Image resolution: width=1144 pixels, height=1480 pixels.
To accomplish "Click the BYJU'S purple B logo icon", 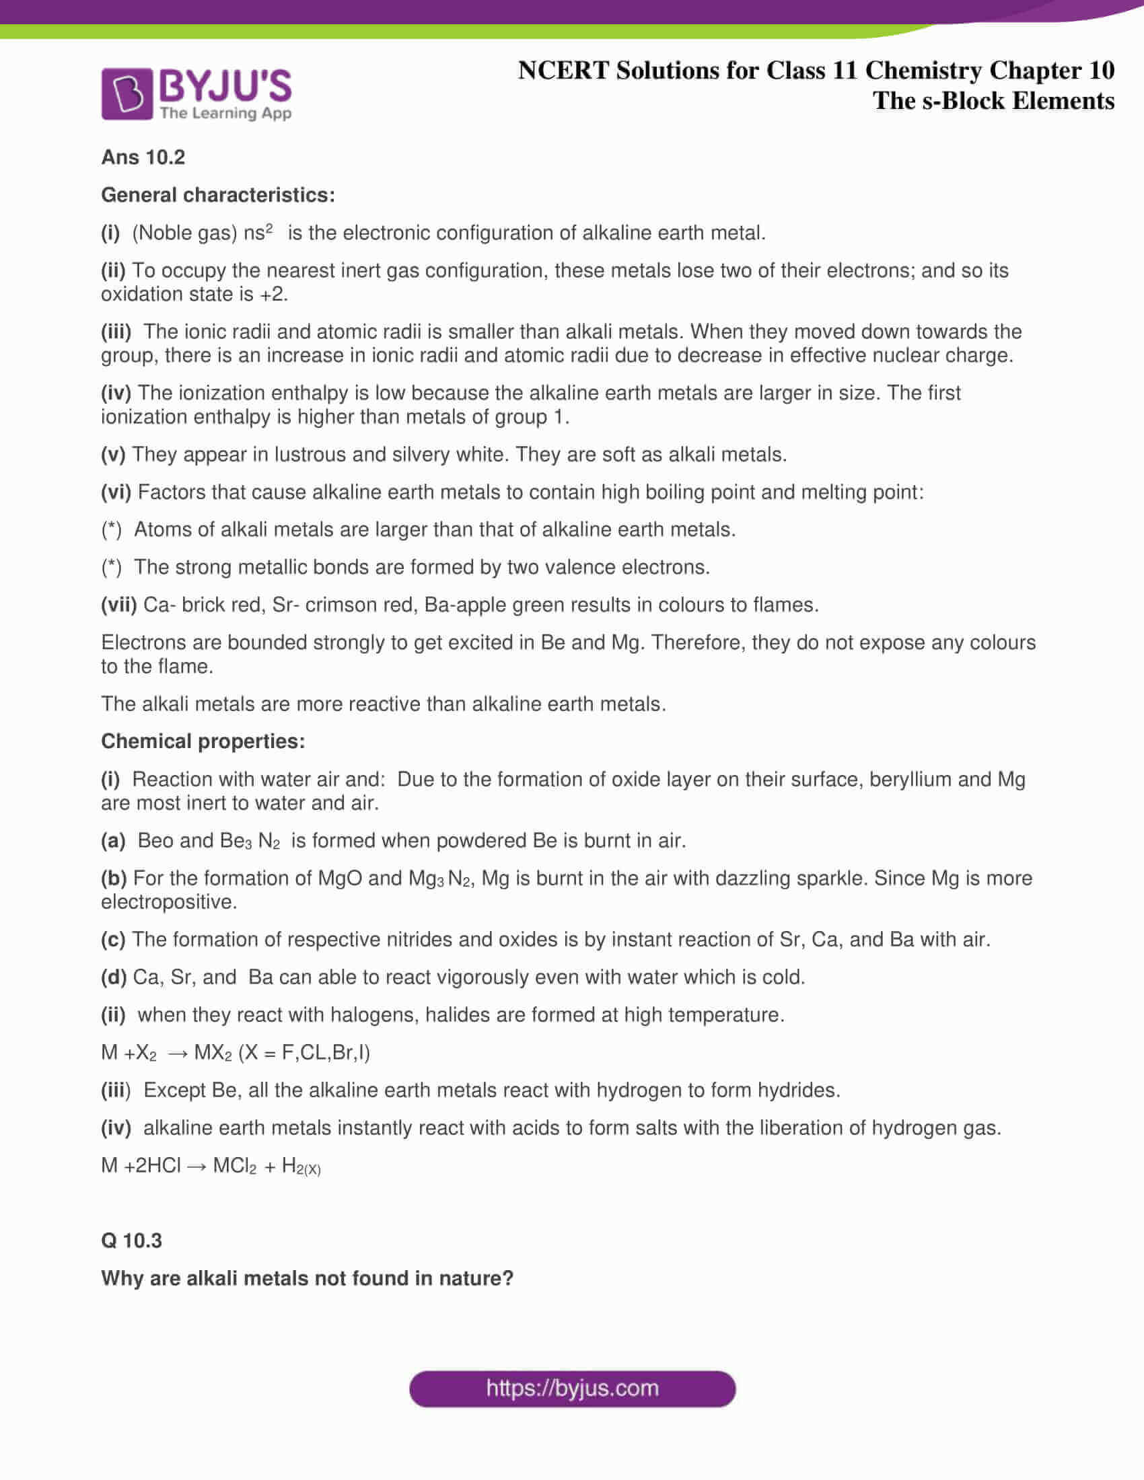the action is pyautogui.click(x=127, y=94).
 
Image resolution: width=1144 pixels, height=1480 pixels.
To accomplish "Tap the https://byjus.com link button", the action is pyautogui.click(x=572, y=1389).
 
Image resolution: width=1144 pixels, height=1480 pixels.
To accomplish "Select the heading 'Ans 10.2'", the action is pyautogui.click(x=143, y=157).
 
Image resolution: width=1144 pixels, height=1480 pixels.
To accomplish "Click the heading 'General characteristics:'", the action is pyautogui.click(x=217, y=195).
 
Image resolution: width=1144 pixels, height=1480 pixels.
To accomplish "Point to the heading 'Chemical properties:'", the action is pyautogui.click(x=203, y=741).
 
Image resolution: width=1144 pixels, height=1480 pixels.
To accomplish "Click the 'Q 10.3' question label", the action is pyautogui.click(x=131, y=1240).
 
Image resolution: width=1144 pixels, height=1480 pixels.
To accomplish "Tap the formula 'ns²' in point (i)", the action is pyautogui.click(x=258, y=233).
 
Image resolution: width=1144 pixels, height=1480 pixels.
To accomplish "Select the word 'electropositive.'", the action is pyautogui.click(x=169, y=902).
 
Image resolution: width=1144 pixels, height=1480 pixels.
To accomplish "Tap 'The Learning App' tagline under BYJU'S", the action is pyautogui.click(x=225, y=113).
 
